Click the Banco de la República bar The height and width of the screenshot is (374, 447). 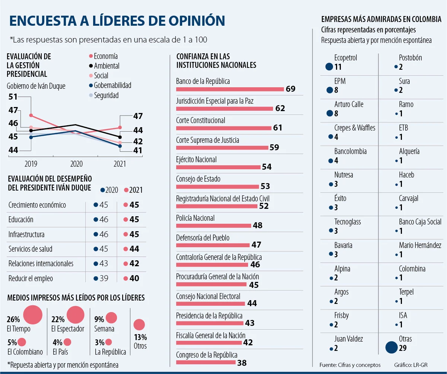pyautogui.click(x=230, y=89)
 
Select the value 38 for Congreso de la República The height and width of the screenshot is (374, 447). pyautogui.click(x=242, y=362)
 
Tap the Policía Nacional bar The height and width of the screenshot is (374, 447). pyautogui.click(x=213, y=226)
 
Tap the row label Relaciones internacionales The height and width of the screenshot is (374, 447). pyautogui.click(x=41, y=264)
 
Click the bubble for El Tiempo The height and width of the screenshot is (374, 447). pyautogui.click(x=33, y=314)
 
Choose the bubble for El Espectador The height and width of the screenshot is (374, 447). pyautogui.click(x=76, y=315)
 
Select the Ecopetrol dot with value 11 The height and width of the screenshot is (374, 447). pyautogui.click(x=329, y=67)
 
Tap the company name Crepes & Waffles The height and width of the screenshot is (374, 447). pyautogui.click(x=355, y=128)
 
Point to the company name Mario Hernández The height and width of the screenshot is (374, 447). pyautogui.click(x=420, y=245)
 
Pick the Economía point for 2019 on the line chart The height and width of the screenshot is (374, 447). pyautogui.click(x=31, y=116)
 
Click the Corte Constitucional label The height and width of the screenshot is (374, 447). pyautogui.click(x=200, y=120)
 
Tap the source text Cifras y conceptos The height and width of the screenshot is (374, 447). pyautogui.click(x=359, y=364)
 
